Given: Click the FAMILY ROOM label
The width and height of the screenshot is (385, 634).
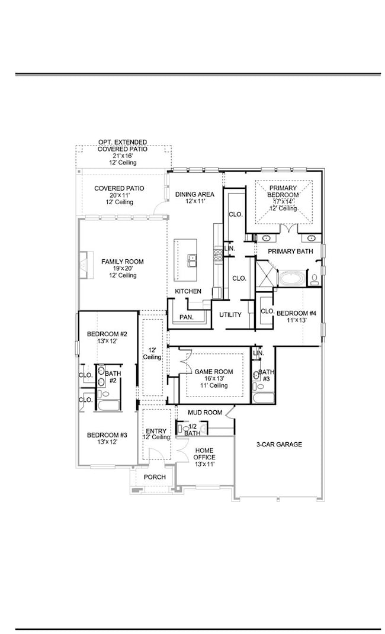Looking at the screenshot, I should pos(122,262).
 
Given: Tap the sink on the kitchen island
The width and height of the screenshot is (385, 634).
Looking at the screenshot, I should pos(192,258).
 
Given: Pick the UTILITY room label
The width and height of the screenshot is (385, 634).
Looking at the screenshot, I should pos(230,315).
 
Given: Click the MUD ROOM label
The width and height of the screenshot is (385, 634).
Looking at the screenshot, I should pos(205,413).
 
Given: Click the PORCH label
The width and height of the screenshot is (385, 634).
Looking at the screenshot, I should pos(155,477).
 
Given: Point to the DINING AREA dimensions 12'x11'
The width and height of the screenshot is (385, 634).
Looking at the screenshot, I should pos(194,202).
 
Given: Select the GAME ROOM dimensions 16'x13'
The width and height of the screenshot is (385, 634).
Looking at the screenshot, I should pos(214,379).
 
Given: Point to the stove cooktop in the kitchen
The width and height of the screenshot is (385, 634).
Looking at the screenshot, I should pos(217,255).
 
